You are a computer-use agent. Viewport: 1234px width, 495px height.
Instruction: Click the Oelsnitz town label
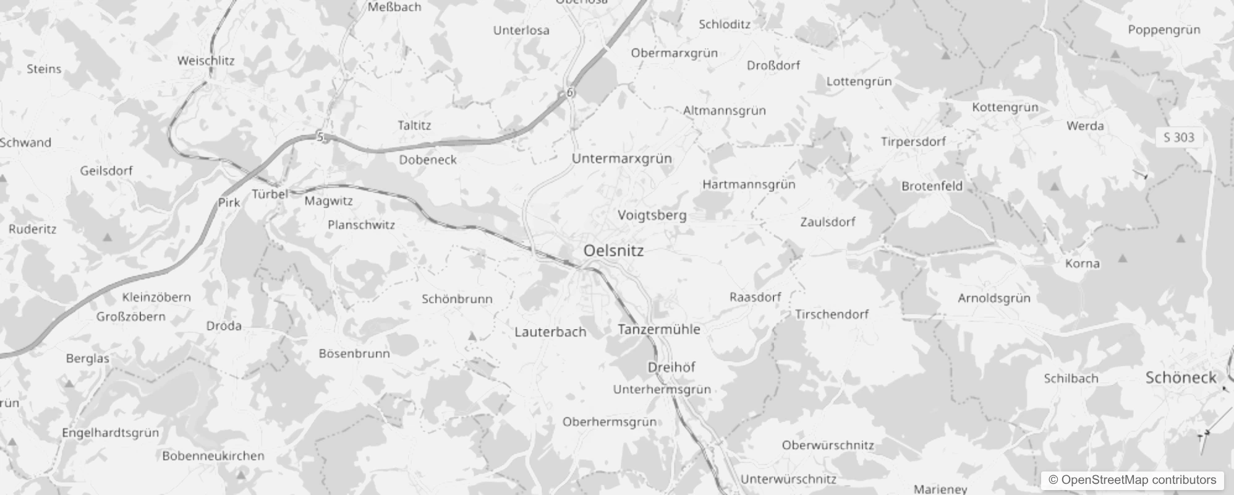tap(613, 251)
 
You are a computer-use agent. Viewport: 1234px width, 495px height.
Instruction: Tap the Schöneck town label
tap(1181, 378)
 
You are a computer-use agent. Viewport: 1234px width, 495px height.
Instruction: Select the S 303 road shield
tap(1179, 137)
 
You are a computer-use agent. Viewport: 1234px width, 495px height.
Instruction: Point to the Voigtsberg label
tap(652, 215)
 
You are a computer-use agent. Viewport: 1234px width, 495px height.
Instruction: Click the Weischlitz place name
tap(206, 61)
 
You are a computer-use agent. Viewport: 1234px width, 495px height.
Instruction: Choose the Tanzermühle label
tap(658, 329)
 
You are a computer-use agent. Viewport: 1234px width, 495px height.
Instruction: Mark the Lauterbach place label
tap(550, 332)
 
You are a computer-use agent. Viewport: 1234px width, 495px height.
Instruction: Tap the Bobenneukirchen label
tap(213, 456)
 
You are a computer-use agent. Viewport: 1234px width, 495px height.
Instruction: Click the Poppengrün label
tap(1164, 30)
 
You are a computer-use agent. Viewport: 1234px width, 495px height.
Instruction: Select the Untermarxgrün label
tap(621, 159)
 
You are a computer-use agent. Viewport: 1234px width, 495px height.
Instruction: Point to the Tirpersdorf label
tap(913, 142)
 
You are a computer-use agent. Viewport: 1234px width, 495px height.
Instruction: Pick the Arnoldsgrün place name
tap(994, 298)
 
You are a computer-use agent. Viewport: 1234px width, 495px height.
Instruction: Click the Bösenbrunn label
tap(354, 354)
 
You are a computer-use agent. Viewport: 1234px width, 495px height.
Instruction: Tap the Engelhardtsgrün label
tap(110, 433)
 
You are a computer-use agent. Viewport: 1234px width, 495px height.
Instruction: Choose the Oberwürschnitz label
tap(828, 445)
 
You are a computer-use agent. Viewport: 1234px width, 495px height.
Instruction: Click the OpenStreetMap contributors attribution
tap(1133, 480)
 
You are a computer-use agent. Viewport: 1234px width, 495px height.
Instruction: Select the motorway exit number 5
tap(320, 137)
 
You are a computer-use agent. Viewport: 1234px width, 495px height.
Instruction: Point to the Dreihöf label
tap(671, 368)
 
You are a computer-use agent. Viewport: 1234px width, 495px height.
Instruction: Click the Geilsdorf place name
tap(106, 171)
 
